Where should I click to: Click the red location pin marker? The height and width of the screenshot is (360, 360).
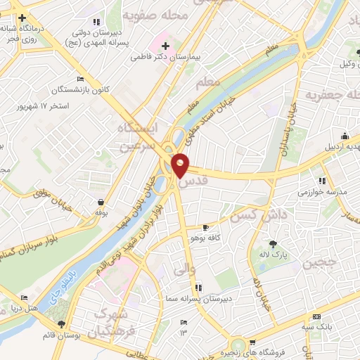(x=181, y=165)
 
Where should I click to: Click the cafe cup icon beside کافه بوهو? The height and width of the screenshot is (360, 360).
(x=205, y=228)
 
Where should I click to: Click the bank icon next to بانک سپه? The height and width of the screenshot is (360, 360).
(x=316, y=317)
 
